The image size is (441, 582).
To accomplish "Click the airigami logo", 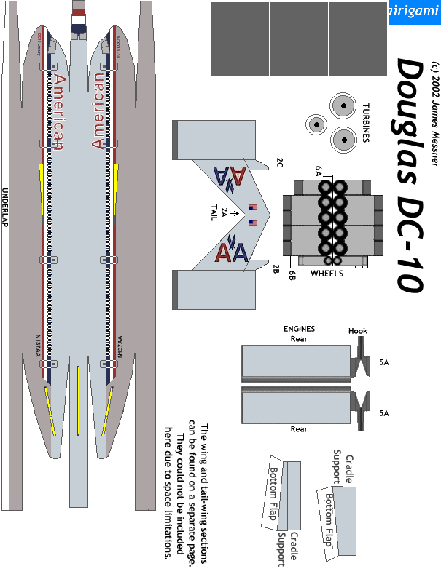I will (413, 12).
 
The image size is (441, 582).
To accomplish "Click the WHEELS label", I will (327, 274).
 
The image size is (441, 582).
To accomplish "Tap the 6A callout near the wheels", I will (318, 170).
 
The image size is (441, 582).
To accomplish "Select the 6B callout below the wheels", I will (292, 274).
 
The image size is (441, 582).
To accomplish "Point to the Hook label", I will (358, 331).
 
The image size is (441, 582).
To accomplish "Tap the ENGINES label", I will (299, 329).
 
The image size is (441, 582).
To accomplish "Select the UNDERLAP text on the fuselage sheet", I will (5, 208).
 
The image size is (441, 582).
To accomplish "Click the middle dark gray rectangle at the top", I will (299, 39).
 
